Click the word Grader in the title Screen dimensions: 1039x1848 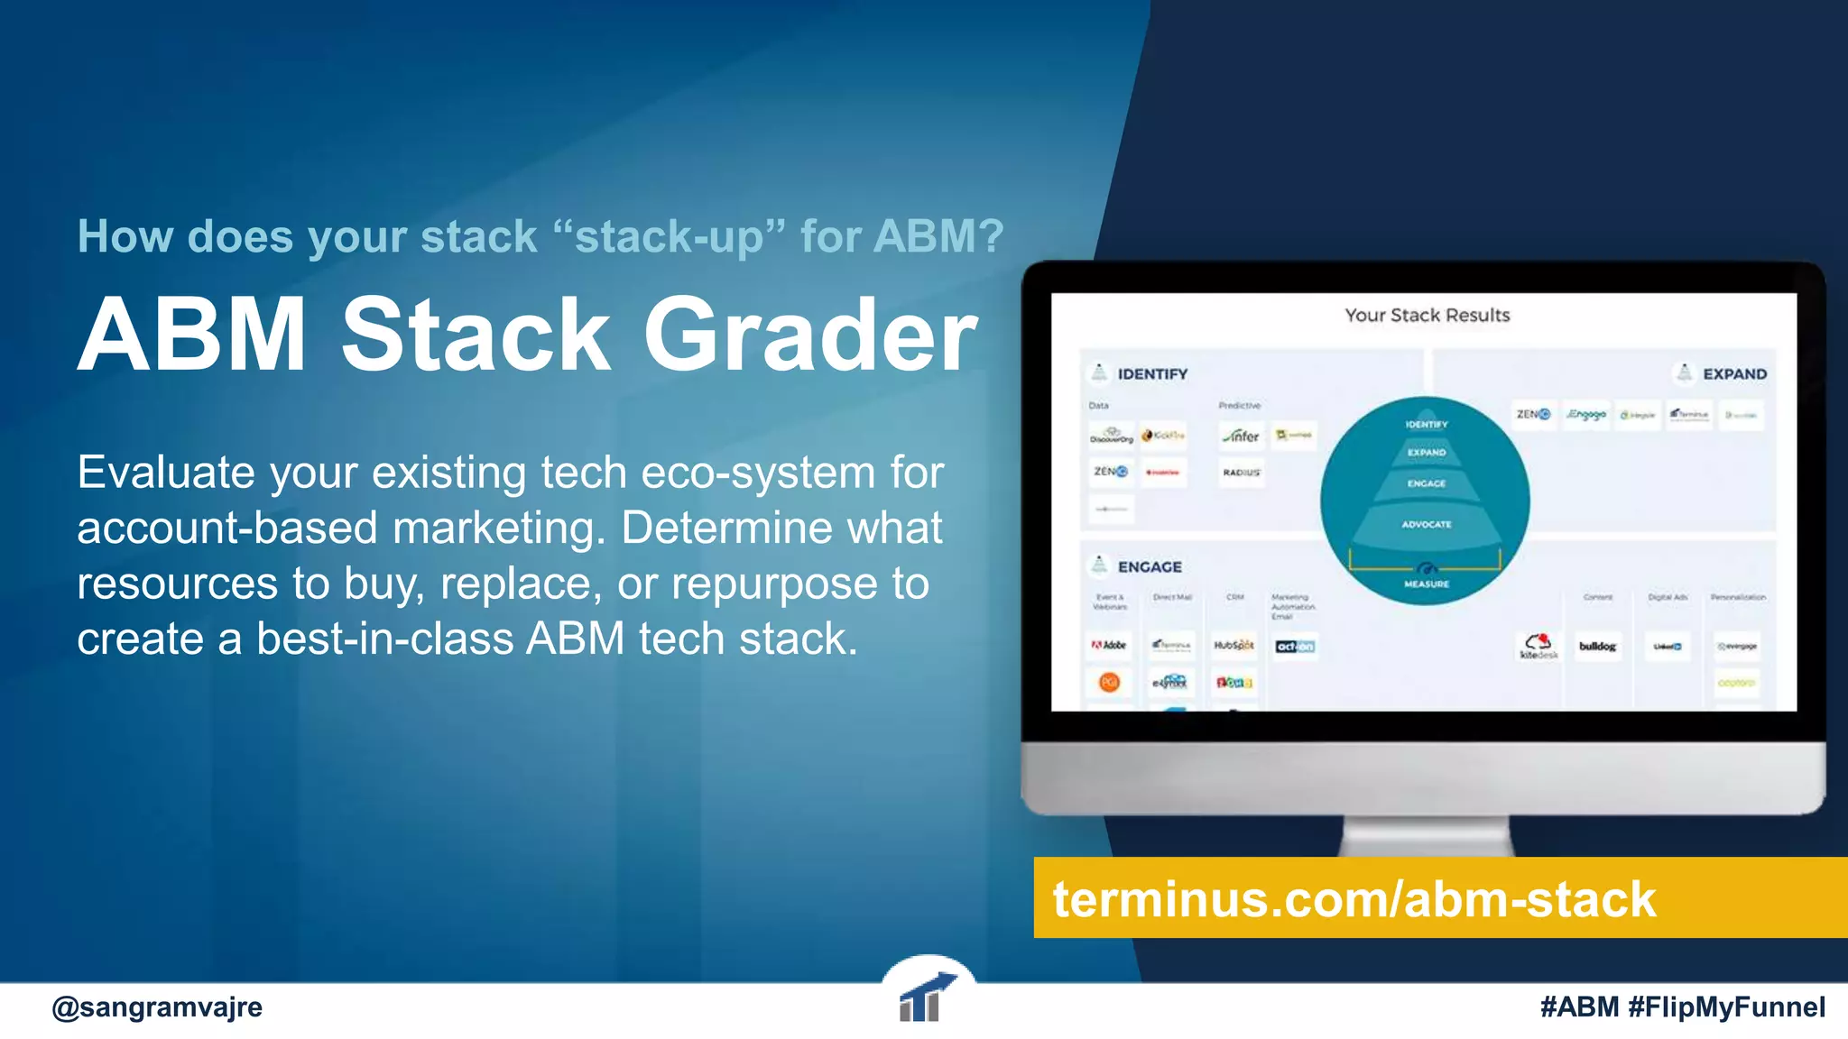click(x=809, y=336)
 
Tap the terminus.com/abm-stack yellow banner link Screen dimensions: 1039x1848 click(x=1354, y=899)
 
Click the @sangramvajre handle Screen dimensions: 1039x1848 click(x=157, y=1007)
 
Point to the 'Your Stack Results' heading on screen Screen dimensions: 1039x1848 click(x=1427, y=316)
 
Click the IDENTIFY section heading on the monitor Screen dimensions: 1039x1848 click(x=1151, y=374)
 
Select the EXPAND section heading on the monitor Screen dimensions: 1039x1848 click(x=1733, y=374)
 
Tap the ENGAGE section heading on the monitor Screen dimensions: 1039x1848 click(x=1149, y=567)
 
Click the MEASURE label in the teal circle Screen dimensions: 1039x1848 click(x=1426, y=584)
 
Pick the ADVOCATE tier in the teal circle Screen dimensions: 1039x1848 click(x=1426, y=524)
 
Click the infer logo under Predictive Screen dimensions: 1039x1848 click(x=1242, y=436)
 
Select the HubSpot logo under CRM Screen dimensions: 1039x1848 click(x=1234, y=646)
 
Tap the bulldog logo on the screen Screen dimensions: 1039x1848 click(x=1597, y=646)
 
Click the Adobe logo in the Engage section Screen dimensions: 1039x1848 click(x=1109, y=645)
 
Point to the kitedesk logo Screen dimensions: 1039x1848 click(x=1538, y=646)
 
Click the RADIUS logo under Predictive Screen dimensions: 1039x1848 click(x=1242, y=473)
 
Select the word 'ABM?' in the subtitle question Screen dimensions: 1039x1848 click(x=938, y=237)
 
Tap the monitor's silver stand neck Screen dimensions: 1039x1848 click(x=1426, y=836)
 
